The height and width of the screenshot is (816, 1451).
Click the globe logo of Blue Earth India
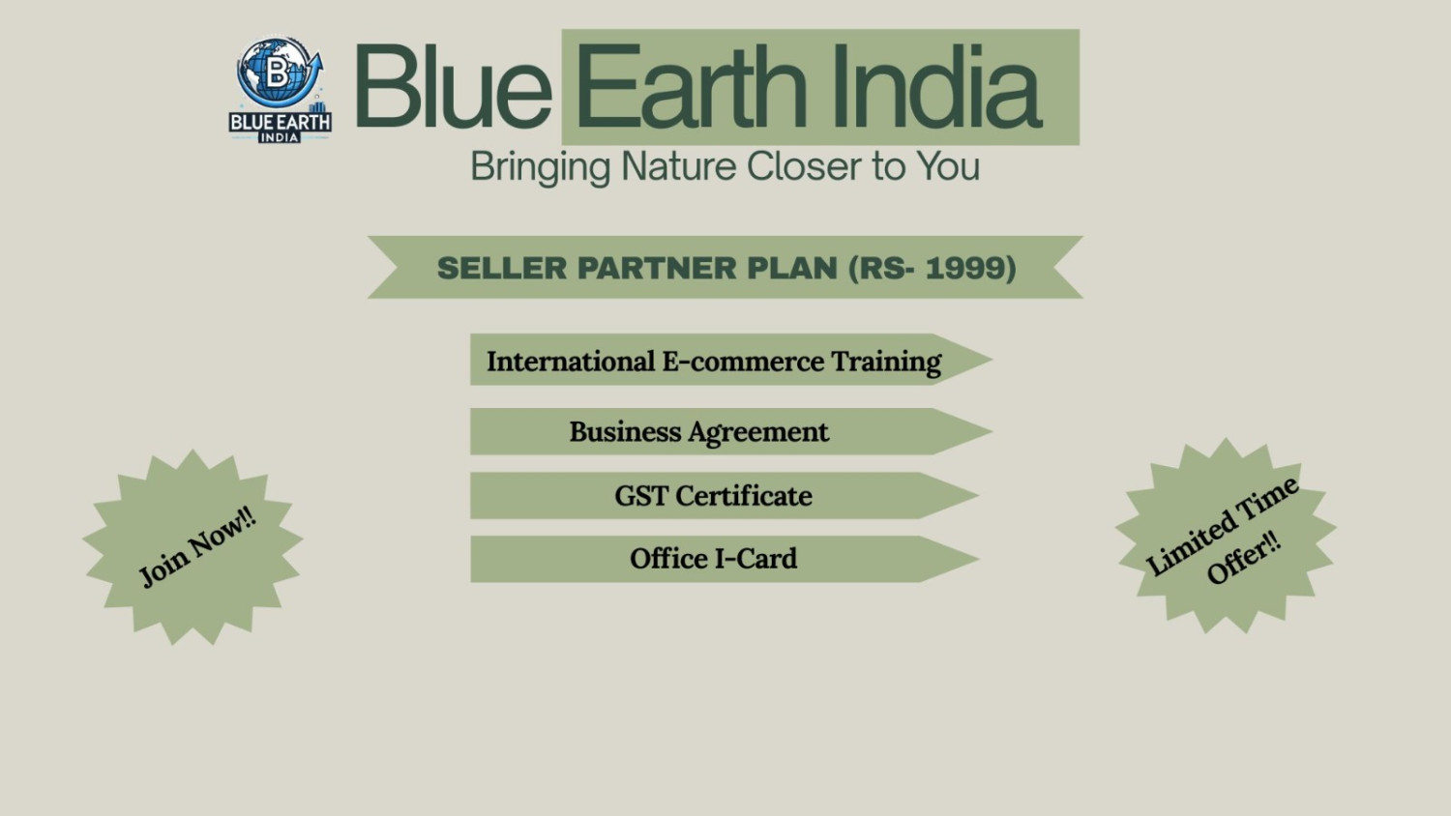click(280, 73)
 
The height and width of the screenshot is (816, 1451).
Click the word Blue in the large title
click(453, 86)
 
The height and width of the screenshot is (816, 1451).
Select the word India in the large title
click(936, 86)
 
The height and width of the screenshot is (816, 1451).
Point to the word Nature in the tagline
click(678, 165)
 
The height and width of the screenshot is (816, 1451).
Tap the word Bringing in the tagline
click(540, 167)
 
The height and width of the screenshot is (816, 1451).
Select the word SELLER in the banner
click(502, 268)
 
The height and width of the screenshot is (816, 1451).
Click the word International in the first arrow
click(571, 362)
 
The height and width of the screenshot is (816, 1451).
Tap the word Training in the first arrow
click(886, 363)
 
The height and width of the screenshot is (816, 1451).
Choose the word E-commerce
click(743, 362)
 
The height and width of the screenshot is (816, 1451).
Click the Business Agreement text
click(699, 432)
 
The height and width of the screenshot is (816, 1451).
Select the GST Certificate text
click(713, 496)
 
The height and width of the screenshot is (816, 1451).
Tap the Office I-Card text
click(713, 559)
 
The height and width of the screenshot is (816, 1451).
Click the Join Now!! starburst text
click(197, 547)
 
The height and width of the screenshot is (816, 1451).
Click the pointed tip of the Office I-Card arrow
click(978, 559)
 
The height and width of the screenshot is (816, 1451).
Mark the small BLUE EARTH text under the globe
click(281, 123)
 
